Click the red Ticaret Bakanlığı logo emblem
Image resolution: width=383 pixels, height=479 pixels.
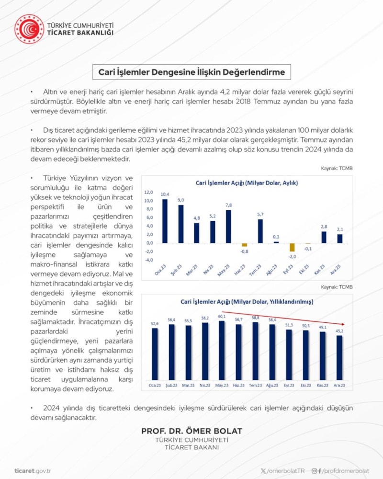point(29,29)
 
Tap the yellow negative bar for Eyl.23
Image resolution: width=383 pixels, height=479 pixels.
point(292,247)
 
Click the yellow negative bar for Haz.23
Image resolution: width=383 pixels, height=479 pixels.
point(244,245)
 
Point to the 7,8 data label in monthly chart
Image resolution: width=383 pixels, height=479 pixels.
point(228,205)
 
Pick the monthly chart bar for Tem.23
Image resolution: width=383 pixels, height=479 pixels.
point(260,231)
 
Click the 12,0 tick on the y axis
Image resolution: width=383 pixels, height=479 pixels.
point(148,192)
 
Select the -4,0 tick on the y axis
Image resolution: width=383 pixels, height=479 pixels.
point(148,260)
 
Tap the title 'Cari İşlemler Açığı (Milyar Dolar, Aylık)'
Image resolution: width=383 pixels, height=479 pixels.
point(247,182)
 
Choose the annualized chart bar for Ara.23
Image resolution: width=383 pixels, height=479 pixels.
point(339,357)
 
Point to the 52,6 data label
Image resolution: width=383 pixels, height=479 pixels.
point(154,324)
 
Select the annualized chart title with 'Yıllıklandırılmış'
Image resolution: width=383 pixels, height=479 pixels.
point(247,302)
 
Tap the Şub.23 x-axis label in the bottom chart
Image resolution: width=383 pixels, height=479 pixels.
point(170,386)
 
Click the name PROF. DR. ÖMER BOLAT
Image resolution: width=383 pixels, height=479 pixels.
point(191,431)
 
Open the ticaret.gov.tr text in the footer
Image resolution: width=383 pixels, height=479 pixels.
point(33,471)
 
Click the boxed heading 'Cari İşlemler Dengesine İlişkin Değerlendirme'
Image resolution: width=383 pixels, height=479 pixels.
point(191,72)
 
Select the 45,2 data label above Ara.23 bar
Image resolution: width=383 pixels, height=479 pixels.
point(339,331)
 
